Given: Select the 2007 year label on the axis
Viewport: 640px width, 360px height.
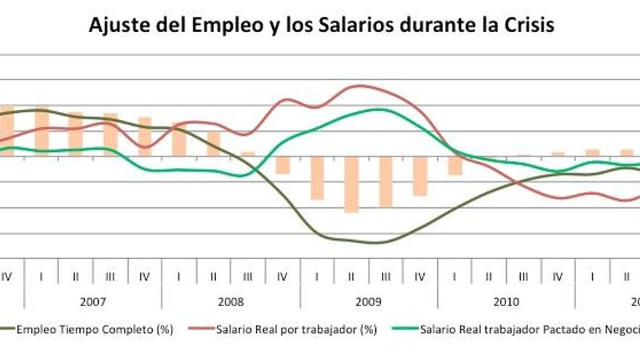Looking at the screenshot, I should (x=92, y=300).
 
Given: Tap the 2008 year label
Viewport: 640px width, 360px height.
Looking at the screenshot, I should (x=231, y=300).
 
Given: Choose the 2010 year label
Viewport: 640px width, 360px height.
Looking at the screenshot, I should (x=505, y=300).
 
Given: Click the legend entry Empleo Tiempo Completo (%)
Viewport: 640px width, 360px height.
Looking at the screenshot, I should (x=95, y=329).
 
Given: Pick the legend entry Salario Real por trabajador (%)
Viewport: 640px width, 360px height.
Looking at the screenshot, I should (x=296, y=329).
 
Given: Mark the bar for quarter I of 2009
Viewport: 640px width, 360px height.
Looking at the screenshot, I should (x=317, y=177).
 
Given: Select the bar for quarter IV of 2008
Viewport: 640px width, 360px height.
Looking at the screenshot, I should (x=282, y=165).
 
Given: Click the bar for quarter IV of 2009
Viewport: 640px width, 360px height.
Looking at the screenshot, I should (x=420, y=175).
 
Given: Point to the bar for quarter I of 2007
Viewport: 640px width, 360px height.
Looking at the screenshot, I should (x=41, y=131).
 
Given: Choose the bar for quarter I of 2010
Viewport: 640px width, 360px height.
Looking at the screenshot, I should (x=455, y=165).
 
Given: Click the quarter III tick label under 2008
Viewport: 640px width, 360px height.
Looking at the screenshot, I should (x=248, y=276).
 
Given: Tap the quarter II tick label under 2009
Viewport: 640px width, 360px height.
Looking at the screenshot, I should (x=351, y=276).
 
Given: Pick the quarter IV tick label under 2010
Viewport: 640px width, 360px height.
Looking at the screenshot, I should (x=558, y=276).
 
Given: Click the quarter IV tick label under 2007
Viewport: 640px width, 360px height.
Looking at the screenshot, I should (x=144, y=276).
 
